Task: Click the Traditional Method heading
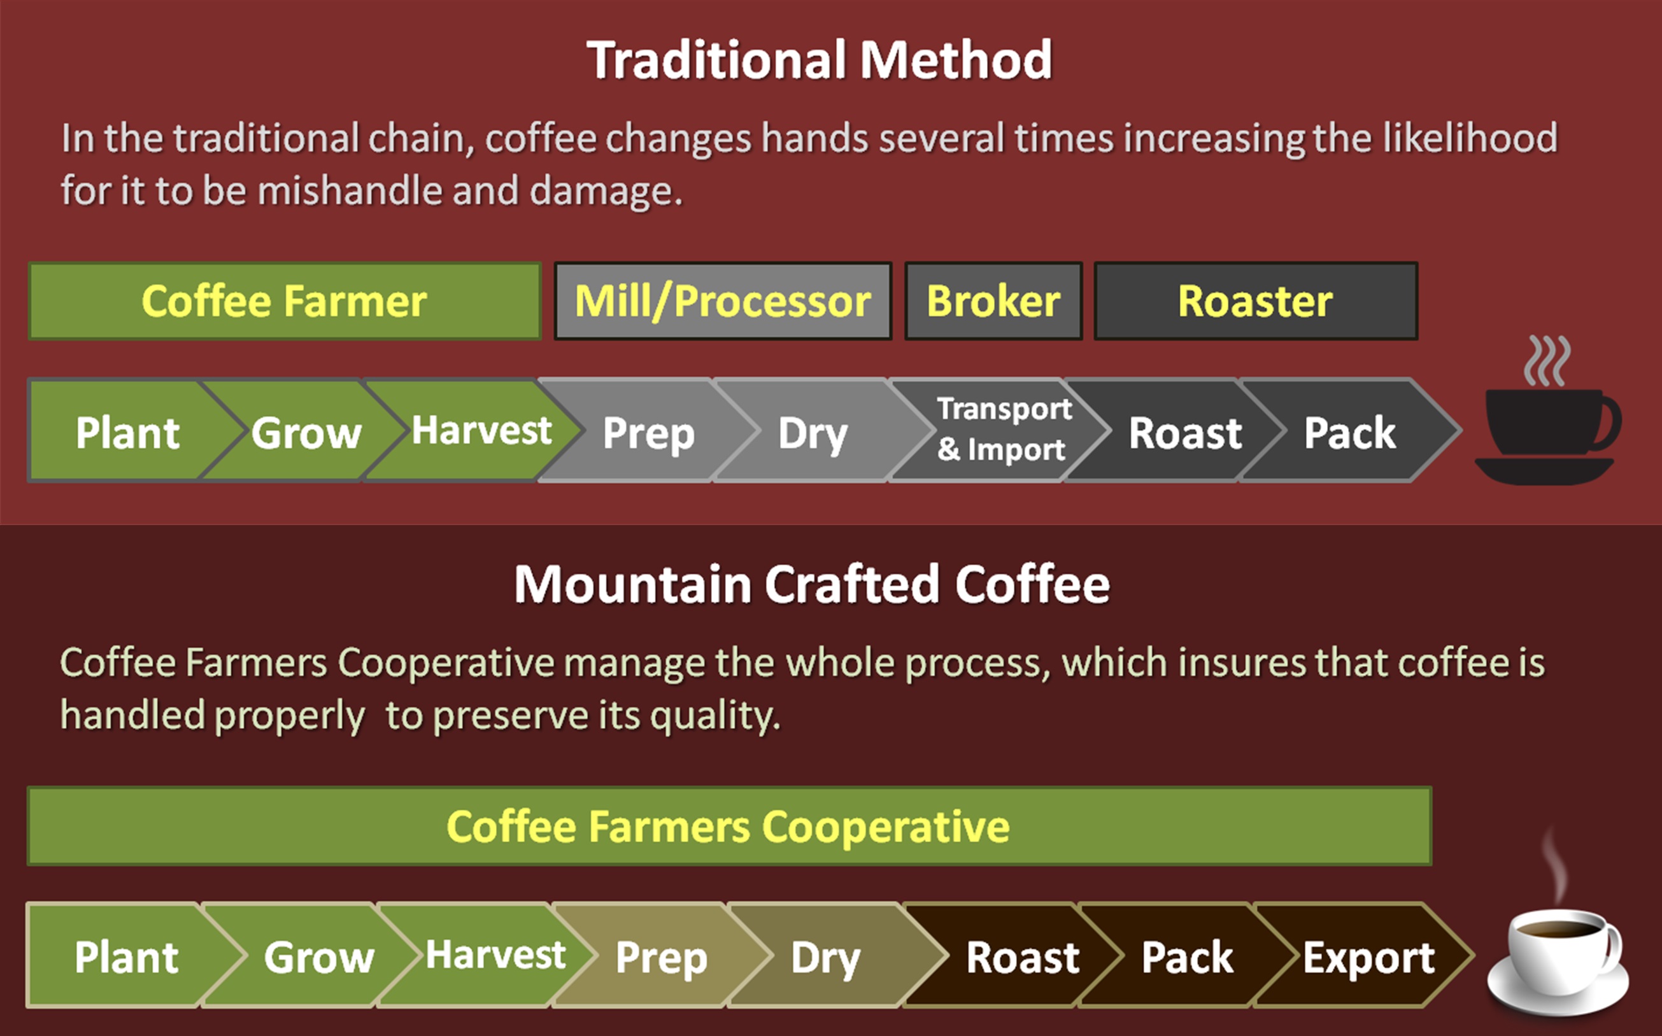[x=820, y=60]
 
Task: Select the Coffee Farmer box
[x=285, y=301]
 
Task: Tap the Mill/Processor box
[x=723, y=301]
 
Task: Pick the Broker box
[x=993, y=301]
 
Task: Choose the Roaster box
[x=1255, y=301]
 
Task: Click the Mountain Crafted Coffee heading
[x=812, y=584]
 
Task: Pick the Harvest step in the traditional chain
[x=473, y=430]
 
